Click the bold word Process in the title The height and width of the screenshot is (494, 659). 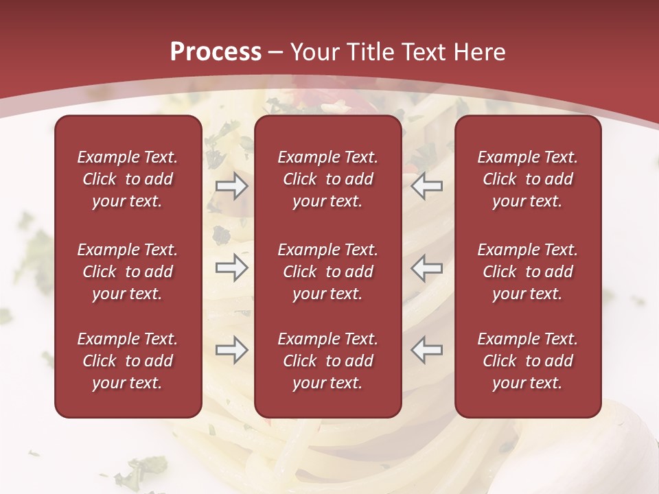(216, 52)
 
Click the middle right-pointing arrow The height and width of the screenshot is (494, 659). (231, 268)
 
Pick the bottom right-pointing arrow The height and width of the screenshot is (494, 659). (231, 350)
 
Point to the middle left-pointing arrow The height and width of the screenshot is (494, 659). (426, 268)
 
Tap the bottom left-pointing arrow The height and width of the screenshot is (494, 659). (426, 350)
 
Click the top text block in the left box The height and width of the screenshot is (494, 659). (128, 179)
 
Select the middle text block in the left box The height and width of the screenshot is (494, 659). (128, 272)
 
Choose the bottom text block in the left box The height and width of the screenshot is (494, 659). (128, 361)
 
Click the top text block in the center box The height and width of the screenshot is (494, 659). (327, 179)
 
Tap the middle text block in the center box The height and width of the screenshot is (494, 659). (327, 272)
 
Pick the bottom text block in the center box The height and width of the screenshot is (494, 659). (327, 361)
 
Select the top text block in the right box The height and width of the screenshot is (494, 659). (527, 179)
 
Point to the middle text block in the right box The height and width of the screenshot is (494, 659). (527, 272)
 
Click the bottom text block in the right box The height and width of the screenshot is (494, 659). (527, 361)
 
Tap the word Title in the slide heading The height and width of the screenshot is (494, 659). (369, 52)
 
